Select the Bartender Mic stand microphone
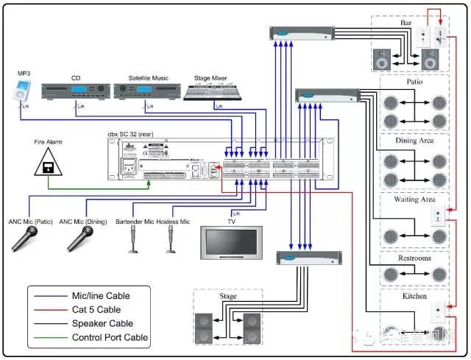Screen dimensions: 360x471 click(x=135, y=237)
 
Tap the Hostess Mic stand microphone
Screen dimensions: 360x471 click(x=171, y=237)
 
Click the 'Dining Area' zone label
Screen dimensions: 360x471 click(x=415, y=140)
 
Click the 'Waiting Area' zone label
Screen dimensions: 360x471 click(x=415, y=199)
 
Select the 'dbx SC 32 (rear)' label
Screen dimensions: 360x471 click(x=136, y=135)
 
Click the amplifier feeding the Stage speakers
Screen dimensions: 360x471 click(x=310, y=258)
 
